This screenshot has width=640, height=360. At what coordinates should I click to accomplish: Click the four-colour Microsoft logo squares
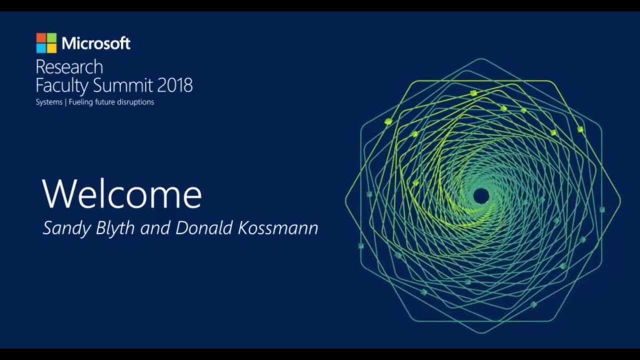[x=46, y=43]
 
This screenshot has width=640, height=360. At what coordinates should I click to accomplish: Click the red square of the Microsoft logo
[x=41, y=38]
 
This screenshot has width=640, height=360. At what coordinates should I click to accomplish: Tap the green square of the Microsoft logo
[x=51, y=38]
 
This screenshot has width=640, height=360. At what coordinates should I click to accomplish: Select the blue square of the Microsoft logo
[x=41, y=48]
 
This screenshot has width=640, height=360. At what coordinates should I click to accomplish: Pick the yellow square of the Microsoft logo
[x=51, y=48]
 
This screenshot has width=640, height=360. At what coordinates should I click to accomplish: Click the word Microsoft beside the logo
[x=96, y=43]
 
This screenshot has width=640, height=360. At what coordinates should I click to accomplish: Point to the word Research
[x=69, y=67]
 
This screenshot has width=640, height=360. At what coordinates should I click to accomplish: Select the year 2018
[x=175, y=85]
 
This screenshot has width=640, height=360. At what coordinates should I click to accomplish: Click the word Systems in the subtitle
[x=48, y=102]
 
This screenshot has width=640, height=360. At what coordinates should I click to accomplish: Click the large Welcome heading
[x=122, y=194]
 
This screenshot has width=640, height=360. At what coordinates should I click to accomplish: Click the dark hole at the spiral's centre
[x=481, y=196]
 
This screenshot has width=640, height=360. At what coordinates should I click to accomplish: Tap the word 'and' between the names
[x=155, y=228]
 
